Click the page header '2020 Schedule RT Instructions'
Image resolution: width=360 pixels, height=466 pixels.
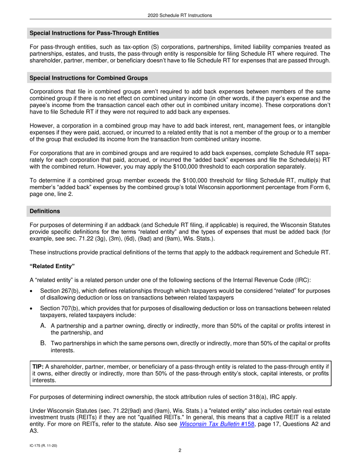(x=180, y=16)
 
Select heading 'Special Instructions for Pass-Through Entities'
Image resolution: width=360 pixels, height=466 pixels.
(x=94, y=33)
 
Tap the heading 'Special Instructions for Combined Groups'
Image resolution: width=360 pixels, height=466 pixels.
(x=89, y=78)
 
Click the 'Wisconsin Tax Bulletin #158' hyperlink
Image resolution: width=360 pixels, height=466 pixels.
(x=216, y=424)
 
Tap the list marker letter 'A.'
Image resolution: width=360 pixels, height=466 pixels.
(x=43, y=325)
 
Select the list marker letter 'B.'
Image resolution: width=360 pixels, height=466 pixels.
(x=43, y=343)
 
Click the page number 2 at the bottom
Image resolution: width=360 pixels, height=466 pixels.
(x=180, y=450)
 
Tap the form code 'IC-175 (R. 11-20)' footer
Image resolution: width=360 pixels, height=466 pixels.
(x=44, y=446)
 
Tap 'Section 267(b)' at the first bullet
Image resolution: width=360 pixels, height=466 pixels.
(x=58, y=291)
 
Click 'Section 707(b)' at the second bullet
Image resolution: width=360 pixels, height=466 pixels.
(x=58, y=308)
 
